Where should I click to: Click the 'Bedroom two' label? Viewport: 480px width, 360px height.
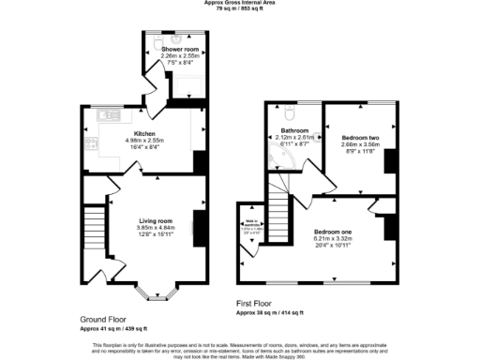pyautogui.click(x=361, y=132)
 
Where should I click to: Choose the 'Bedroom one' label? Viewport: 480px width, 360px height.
pyautogui.click(x=333, y=230)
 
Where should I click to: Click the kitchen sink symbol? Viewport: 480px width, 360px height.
pyautogui.click(x=103, y=118)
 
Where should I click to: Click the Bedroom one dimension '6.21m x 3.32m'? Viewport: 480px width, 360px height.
pyautogui.click(x=333, y=237)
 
